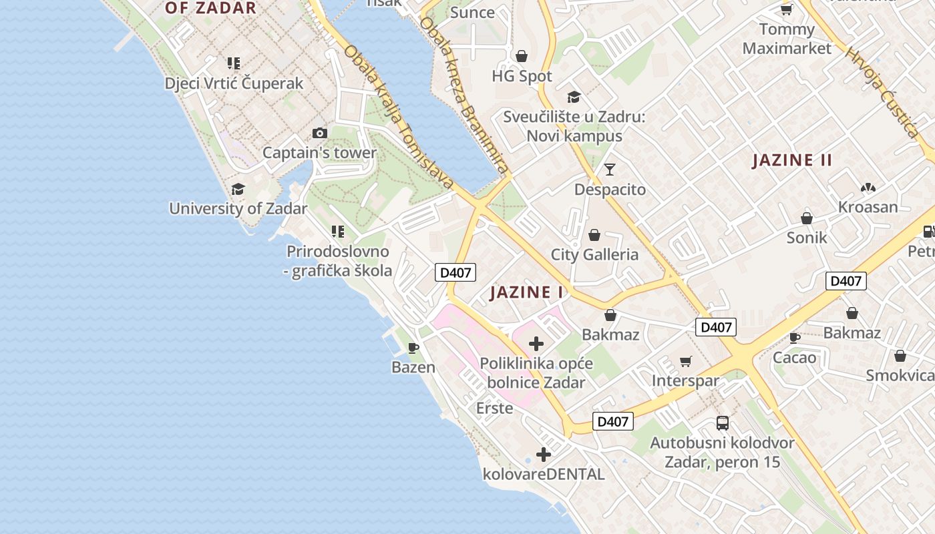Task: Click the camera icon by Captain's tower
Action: click(320, 133)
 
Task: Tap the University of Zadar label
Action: click(238, 208)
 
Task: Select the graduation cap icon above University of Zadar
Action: click(238, 190)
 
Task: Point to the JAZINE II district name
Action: click(792, 160)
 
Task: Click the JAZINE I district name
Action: click(527, 292)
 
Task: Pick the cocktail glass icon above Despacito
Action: click(609, 170)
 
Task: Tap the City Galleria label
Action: click(594, 254)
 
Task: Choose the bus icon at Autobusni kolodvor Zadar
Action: click(722, 423)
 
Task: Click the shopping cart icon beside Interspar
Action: click(685, 362)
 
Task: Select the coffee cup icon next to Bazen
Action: click(413, 348)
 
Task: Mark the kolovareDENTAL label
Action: click(543, 475)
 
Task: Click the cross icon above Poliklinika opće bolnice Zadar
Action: click(536, 344)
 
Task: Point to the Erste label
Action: click(494, 408)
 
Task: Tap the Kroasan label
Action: click(868, 207)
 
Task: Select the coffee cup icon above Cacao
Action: click(795, 338)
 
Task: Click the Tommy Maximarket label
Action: click(787, 39)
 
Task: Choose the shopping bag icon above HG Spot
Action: click(522, 56)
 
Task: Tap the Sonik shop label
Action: click(806, 238)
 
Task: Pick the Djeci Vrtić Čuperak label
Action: click(234, 83)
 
